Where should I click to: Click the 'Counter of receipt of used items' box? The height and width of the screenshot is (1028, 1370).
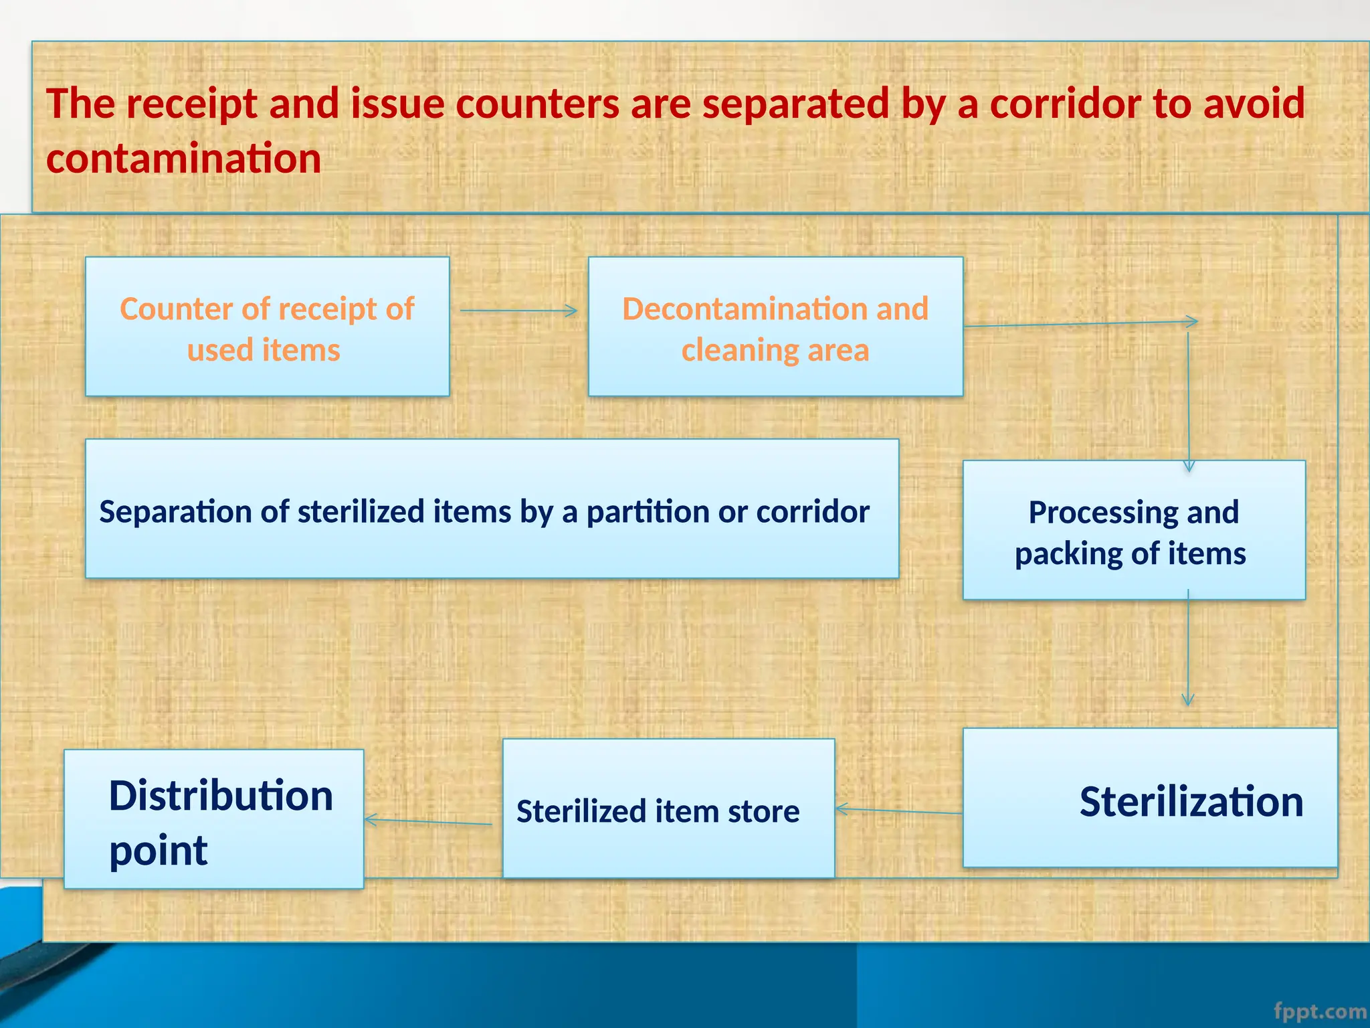[267, 327]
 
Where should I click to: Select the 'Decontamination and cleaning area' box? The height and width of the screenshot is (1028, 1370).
[775, 327]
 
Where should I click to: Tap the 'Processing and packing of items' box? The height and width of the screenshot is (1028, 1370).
[1133, 530]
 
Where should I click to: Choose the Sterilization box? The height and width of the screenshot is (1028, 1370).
[1149, 798]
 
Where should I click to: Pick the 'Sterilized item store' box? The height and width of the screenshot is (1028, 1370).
[668, 808]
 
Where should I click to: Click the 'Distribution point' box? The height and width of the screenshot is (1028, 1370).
[213, 819]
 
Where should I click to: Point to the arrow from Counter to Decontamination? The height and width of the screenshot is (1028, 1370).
[518, 311]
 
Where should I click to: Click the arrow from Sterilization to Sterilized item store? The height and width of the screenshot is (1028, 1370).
[899, 811]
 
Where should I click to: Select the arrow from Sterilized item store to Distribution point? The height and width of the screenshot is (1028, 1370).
[428, 821]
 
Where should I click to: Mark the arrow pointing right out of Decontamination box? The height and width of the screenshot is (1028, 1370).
[1080, 324]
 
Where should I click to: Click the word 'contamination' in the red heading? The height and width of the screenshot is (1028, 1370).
[183, 159]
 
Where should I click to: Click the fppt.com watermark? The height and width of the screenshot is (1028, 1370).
[1320, 1011]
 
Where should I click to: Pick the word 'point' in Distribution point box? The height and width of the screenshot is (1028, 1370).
[159, 851]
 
